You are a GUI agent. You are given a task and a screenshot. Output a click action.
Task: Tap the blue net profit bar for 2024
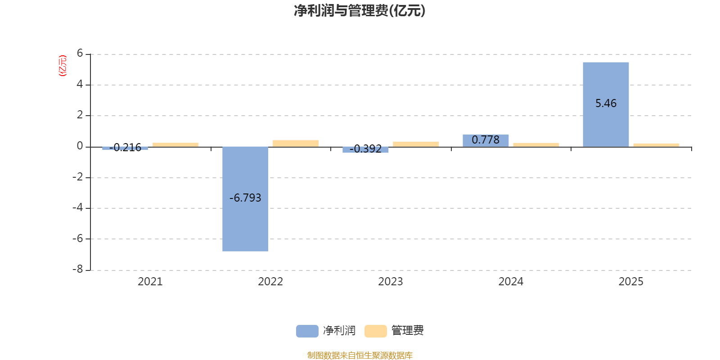[486, 140]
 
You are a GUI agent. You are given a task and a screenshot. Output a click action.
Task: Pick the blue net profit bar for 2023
[365, 150]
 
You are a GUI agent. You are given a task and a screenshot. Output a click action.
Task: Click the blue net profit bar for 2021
[125, 148]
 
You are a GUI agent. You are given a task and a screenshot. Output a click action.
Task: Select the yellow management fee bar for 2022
[296, 143]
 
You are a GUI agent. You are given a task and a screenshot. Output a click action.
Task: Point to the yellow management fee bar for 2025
[656, 145]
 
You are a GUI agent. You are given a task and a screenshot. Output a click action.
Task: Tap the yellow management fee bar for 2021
[175, 144]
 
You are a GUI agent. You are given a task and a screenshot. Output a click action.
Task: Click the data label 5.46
[606, 103]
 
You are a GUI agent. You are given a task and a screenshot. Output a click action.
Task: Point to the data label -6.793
[245, 198]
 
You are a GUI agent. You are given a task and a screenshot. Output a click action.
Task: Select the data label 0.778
[486, 140]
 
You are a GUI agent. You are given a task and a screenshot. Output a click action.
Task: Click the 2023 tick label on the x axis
[390, 282]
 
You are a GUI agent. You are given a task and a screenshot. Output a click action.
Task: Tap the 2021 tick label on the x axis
[150, 282]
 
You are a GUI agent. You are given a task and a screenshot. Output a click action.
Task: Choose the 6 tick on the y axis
[80, 54]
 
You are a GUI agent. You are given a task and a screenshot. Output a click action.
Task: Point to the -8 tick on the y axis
[78, 269]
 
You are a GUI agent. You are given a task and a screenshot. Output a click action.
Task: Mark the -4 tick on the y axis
[78, 208]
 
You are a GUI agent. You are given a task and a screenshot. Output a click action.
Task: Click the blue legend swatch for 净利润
[307, 331]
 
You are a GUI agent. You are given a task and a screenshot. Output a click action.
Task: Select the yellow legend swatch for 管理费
[375, 331]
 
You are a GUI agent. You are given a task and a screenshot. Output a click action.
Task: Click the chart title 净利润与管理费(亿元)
[360, 10]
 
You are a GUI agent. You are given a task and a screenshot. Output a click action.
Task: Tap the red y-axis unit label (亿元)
[63, 66]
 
